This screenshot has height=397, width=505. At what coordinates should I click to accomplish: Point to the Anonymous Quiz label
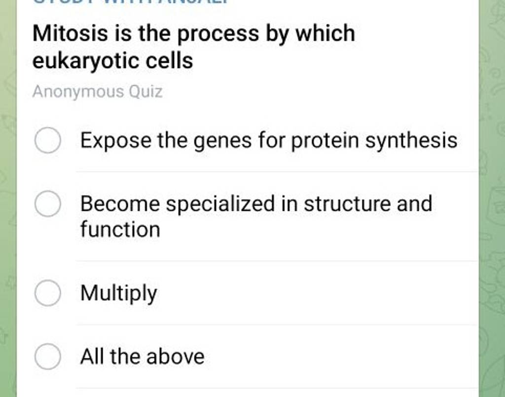(97, 92)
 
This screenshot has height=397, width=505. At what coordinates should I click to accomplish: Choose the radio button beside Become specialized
(48, 204)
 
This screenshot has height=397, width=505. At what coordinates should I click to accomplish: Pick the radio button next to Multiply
(48, 293)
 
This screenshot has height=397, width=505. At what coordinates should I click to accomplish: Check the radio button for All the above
(48, 357)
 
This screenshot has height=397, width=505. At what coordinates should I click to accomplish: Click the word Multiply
(119, 293)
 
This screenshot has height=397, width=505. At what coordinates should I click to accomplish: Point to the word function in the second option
(120, 230)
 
